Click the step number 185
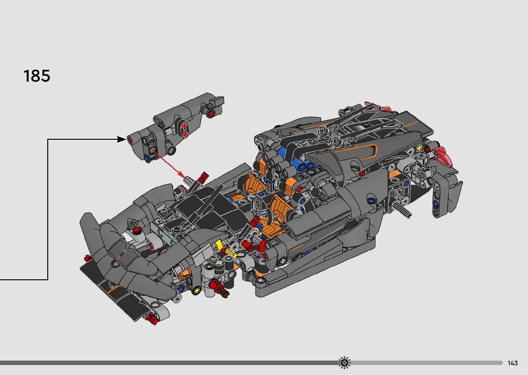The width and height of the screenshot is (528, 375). click(x=37, y=76)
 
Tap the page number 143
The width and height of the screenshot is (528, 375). click(x=512, y=363)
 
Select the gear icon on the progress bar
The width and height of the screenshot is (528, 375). click(x=344, y=363)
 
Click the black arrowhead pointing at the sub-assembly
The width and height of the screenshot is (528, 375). click(x=121, y=139)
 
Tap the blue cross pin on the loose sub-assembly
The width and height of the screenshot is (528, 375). click(x=147, y=159)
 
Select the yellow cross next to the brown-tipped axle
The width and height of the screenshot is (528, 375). click(x=197, y=290)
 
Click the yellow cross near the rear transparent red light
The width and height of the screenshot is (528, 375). click(x=419, y=148)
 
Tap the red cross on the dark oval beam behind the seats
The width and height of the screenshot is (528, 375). click(x=299, y=189)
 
